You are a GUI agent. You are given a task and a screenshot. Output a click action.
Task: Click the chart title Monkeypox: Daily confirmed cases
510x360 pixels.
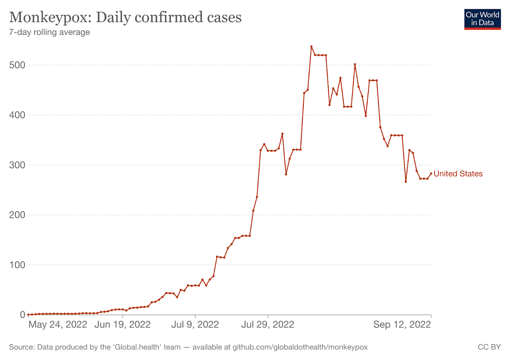pyautogui.click(x=125, y=17)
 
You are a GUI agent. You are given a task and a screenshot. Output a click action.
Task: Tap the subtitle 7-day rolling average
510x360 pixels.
pyautogui.click(x=49, y=32)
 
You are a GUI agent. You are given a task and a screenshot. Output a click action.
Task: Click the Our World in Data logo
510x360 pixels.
pyautogui.click(x=482, y=19)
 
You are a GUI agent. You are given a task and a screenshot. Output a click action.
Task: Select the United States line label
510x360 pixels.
pyautogui.click(x=458, y=174)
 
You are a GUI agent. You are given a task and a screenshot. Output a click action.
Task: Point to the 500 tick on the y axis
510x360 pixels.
pyautogui.click(x=17, y=65)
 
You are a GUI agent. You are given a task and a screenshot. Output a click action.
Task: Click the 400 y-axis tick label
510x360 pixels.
pyautogui.click(x=17, y=115)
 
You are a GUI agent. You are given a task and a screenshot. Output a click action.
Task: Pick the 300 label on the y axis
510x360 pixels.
pyautogui.click(x=17, y=165)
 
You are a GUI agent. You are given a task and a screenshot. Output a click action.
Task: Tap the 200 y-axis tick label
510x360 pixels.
pyautogui.click(x=17, y=215)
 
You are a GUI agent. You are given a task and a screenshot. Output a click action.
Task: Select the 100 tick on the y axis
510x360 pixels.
pyautogui.click(x=17, y=265)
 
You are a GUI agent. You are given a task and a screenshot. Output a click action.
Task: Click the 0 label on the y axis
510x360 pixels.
pyautogui.click(x=22, y=315)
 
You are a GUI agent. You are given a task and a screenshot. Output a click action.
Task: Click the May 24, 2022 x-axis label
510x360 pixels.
pyautogui.click(x=58, y=325)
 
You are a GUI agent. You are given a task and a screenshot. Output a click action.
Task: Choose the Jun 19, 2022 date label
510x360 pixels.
pyautogui.click(x=123, y=325)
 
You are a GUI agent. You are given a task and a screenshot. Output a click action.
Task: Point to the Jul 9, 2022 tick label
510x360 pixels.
pyautogui.click(x=195, y=325)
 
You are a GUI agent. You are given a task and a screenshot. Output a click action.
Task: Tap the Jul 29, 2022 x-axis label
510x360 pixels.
pyautogui.click(x=268, y=325)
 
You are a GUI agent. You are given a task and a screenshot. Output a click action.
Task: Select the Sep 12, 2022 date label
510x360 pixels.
pyautogui.click(x=402, y=325)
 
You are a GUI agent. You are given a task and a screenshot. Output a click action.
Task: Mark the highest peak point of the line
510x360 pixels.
pyautogui.click(x=311, y=47)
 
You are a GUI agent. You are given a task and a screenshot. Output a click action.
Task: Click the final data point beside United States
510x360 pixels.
pyautogui.click(x=431, y=173)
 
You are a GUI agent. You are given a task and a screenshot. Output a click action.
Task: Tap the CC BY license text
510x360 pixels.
pyautogui.click(x=489, y=347)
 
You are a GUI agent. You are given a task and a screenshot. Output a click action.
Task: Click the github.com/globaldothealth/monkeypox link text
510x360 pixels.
pyautogui.click(x=300, y=347)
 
